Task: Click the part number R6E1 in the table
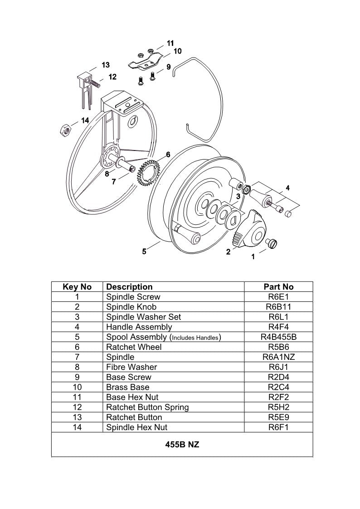(x=278, y=297)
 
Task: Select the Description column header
(x=129, y=287)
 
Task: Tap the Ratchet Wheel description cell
(x=134, y=347)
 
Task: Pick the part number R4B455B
(x=278, y=337)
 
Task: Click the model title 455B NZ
(x=182, y=445)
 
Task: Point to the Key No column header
(x=77, y=287)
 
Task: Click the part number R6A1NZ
(x=278, y=357)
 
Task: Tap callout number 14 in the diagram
(x=85, y=121)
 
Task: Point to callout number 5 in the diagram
(x=144, y=251)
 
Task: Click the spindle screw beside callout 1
(x=272, y=244)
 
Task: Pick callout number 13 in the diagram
(x=105, y=64)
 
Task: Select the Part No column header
(x=278, y=287)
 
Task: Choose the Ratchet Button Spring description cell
(x=147, y=407)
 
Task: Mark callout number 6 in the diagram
(x=168, y=155)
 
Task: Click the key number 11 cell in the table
(x=77, y=397)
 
